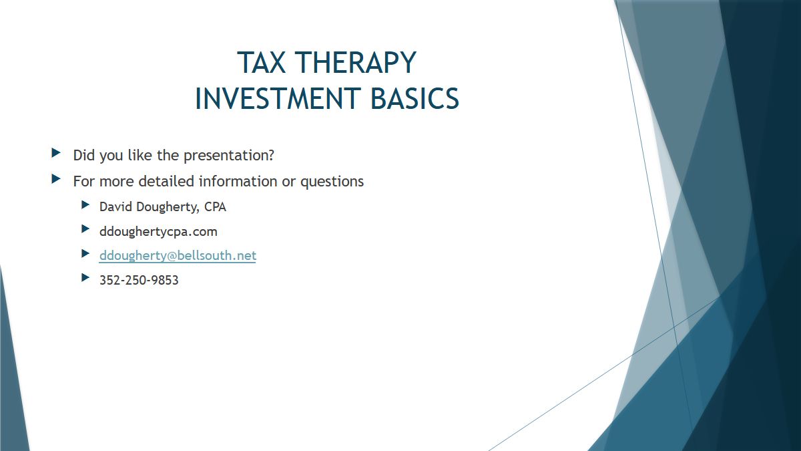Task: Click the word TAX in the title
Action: pos(262,63)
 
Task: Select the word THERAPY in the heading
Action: pos(355,63)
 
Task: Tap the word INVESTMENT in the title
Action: pos(278,98)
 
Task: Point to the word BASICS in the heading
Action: pos(415,98)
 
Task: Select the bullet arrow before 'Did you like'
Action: pos(56,153)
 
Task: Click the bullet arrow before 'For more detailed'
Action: pos(56,178)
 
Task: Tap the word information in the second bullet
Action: pos(238,181)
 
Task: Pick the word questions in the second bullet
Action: pos(332,182)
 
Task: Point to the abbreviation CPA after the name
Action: pos(215,207)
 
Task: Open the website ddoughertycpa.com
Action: pos(158,232)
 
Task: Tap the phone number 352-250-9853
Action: pos(139,280)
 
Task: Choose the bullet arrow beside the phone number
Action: pos(85,277)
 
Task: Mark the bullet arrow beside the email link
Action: pos(85,253)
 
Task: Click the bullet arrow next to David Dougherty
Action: pos(85,204)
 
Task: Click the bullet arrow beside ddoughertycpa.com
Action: pos(85,229)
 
